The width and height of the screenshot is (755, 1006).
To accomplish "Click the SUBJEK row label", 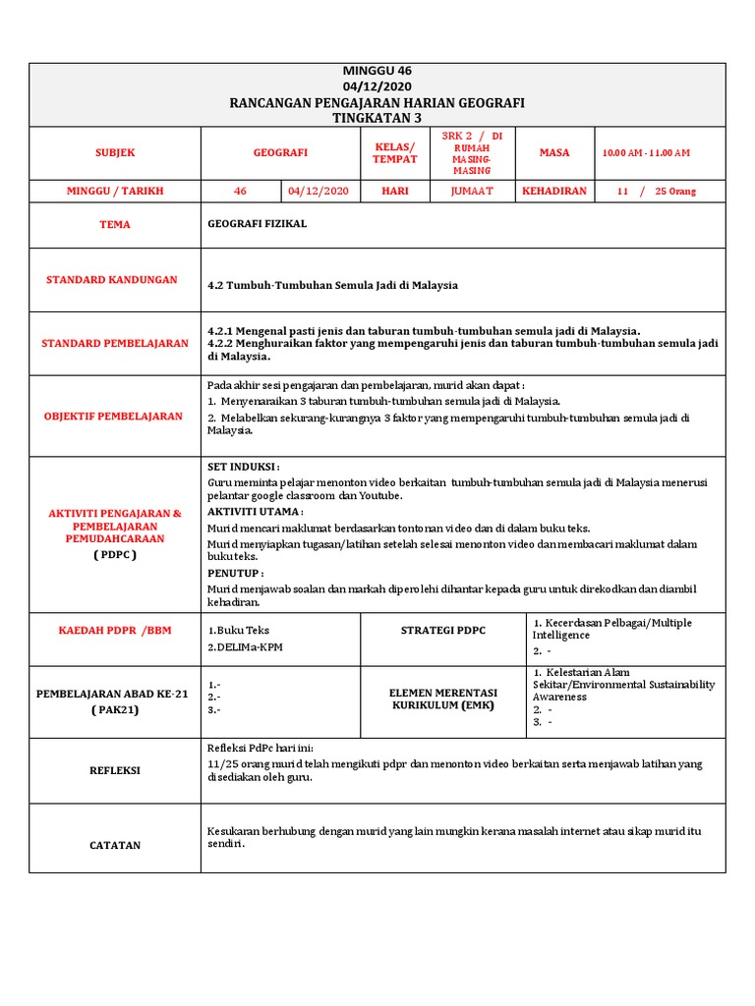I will pos(115,153).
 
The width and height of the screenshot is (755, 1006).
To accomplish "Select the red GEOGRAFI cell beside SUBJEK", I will pos(280,153).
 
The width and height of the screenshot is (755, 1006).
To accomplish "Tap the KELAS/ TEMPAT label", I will pos(394,152).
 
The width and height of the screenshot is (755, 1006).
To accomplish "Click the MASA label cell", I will pos(554,153).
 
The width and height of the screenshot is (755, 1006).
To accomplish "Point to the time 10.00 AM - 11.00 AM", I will pos(646,153).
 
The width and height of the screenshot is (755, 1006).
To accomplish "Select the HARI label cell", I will pos(394,191).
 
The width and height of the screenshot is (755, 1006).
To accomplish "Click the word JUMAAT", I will pos(472,191).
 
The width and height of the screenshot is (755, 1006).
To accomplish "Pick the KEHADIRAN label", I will pos(554,191).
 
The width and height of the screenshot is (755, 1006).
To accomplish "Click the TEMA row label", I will pos(115,225).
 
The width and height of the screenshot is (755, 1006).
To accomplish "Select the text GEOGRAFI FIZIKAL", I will pos(258,224).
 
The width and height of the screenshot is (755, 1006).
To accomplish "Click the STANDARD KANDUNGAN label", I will pos(112,280).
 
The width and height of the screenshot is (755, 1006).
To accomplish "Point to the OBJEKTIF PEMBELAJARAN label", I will pos(113,417).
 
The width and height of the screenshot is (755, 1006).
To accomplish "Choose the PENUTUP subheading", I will pos(236,573).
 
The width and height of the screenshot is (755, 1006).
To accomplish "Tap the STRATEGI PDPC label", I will pos(443,630).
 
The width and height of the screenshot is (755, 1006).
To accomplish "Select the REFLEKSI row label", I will pos(114,771).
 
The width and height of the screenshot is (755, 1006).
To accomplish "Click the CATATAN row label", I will pos(114,845).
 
